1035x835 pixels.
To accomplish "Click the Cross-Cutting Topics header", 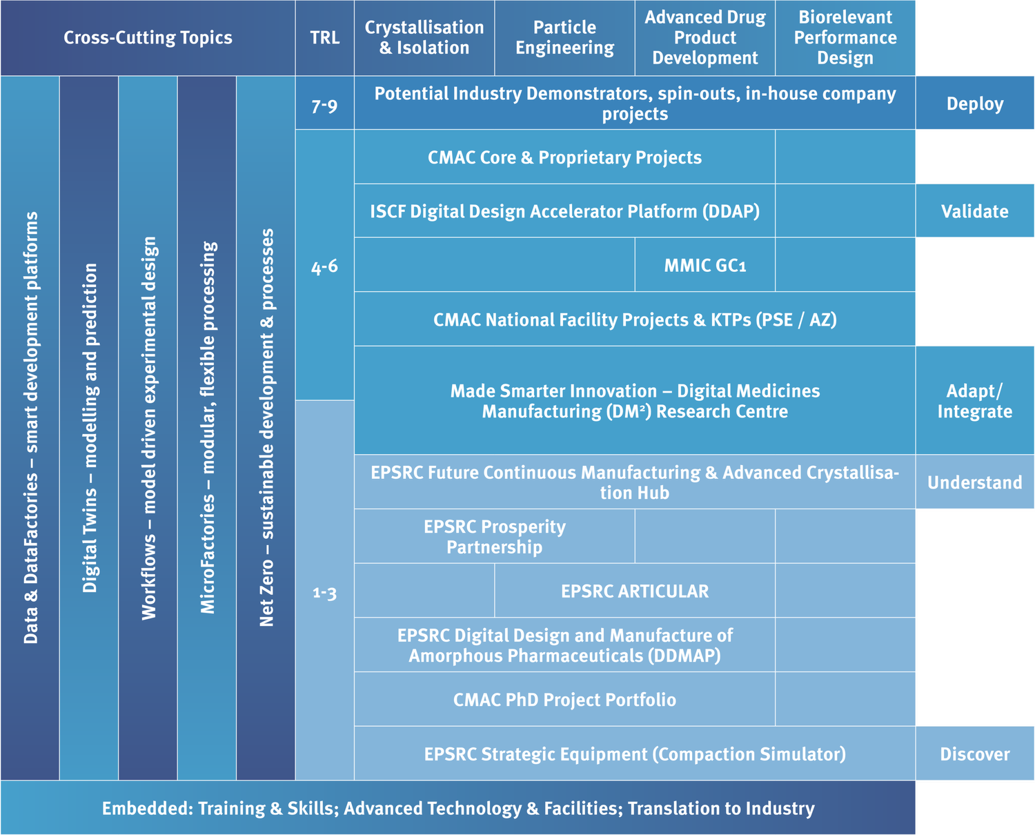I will point(148,37).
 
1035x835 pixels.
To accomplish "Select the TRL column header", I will point(324,37).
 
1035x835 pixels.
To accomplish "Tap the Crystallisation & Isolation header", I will point(424,37).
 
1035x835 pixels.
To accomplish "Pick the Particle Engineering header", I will point(564,37).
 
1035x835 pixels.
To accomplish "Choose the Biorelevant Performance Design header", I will point(845,37).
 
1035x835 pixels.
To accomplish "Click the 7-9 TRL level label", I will point(324,106).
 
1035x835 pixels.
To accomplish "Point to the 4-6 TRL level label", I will point(324,266).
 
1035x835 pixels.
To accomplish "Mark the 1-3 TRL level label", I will point(324,592).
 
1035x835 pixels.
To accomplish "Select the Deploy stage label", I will point(974,104).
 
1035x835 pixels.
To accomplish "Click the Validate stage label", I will point(974,211).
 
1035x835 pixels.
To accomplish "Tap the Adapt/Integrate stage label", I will point(974,401).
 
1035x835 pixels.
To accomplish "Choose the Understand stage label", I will point(974,482).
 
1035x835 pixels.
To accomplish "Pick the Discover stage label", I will point(974,754).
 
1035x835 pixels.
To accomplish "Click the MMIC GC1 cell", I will point(704,266).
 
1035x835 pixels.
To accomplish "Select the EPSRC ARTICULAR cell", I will point(635,591).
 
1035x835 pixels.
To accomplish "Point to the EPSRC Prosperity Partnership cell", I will point(494,537).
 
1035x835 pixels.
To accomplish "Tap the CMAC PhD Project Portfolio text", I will point(564,700).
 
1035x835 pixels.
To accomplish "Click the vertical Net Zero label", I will point(266,428).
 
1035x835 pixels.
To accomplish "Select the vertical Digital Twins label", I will point(90,428).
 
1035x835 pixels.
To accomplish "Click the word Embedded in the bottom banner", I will point(146,808).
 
